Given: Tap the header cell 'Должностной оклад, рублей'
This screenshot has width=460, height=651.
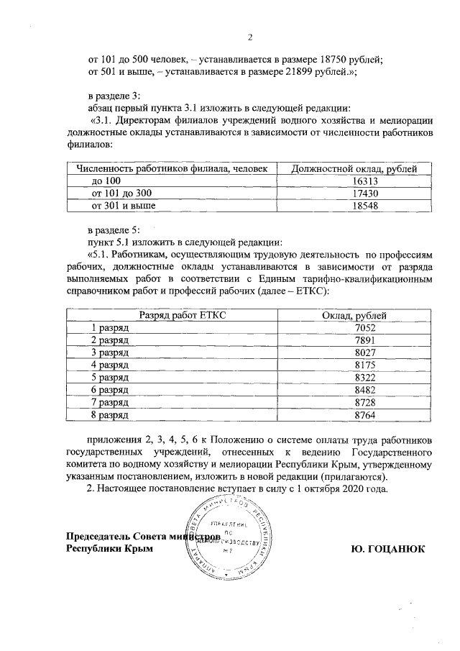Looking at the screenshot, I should pos(354,169).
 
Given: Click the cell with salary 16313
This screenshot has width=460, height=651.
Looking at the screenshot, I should pos(354,181).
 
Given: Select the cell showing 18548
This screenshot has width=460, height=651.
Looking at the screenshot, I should pos(354,206).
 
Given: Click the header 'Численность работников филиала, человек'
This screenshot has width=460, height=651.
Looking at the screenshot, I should pos(172,169).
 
